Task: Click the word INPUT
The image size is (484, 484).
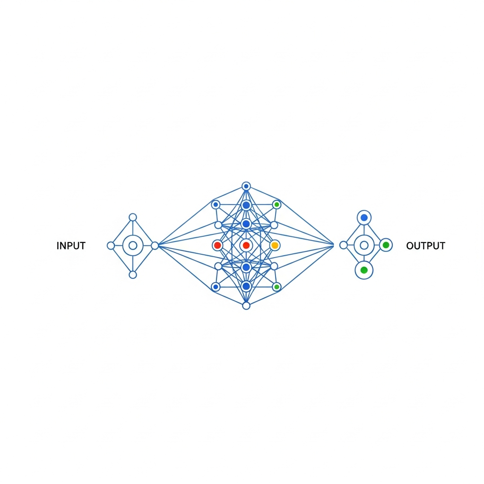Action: coord(71,246)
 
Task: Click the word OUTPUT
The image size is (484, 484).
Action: coord(425,246)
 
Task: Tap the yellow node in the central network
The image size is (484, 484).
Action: coord(275,245)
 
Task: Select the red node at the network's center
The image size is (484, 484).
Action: coord(246,245)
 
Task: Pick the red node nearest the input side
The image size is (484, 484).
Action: coord(217,245)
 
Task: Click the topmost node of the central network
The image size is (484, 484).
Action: coord(246,186)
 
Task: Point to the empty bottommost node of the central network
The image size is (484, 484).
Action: coord(246,305)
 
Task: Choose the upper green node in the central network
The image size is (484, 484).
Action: coord(277,205)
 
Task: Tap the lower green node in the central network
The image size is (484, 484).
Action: coord(277,287)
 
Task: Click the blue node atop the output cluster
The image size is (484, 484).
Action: coord(364,217)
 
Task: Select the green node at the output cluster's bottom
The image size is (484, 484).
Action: coord(364,270)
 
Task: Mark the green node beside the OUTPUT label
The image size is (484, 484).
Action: coord(386,245)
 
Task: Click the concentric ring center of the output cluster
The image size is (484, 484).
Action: coord(364,245)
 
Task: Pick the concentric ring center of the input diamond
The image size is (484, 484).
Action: coord(133,245)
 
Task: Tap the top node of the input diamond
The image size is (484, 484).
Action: coord(133,217)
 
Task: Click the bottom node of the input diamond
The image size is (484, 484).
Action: coord(133,275)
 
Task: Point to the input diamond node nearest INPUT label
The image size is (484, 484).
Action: coord(111,245)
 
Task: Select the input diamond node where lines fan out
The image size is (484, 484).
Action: coord(155,245)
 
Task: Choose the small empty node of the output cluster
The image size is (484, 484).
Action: coord(343,245)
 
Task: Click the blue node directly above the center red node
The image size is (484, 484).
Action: coord(246,224)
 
